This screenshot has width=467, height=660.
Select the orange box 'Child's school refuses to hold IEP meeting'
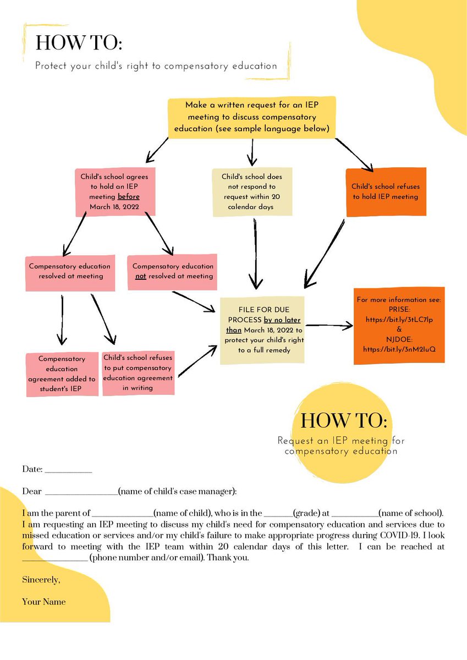tap(385, 191)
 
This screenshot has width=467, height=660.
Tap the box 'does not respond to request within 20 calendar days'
tap(252, 191)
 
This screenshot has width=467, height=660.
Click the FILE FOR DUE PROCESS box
tap(262, 329)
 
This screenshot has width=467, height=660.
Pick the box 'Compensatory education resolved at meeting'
tap(70, 271)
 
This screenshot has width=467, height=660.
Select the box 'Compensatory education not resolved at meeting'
tap(172, 271)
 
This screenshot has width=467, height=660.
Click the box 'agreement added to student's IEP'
tap(62, 373)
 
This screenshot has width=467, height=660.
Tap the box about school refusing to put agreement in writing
tap(138, 372)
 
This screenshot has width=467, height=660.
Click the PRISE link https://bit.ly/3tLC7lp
tap(399, 319)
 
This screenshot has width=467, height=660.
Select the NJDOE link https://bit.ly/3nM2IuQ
tap(399, 349)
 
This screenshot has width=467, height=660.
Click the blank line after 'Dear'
tap(81, 491)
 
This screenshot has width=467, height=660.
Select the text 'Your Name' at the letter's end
tap(44, 602)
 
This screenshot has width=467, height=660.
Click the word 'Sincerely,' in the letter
tap(41, 580)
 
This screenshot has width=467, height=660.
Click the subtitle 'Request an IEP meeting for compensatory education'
tap(341, 446)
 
